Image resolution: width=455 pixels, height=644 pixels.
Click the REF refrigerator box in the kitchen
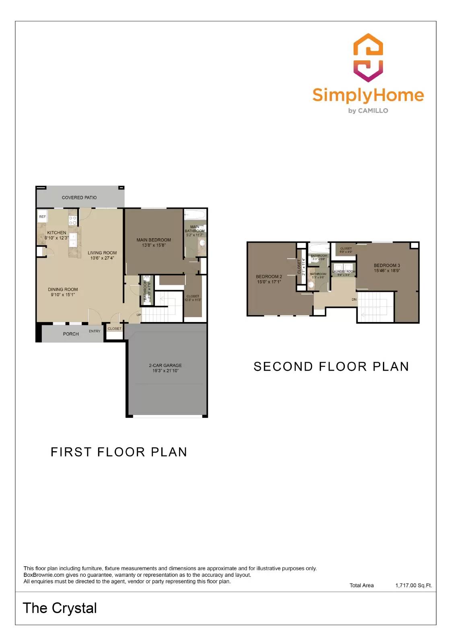tap(42, 217)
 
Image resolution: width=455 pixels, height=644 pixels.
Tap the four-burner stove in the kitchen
tap(73, 220)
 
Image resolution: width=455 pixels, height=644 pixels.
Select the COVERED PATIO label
tap(79, 198)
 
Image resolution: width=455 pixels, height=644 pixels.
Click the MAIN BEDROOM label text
tap(154, 240)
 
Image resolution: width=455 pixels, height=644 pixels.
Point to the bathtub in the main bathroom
tap(195, 215)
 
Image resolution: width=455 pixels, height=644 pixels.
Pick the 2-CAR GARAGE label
tap(165, 365)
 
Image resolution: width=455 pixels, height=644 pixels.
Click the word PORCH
tap(71, 334)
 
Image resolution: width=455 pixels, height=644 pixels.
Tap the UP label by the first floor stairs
tap(139, 315)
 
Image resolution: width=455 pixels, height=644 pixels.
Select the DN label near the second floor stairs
tap(354, 299)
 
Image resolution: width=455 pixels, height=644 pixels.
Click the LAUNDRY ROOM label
tap(344, 272)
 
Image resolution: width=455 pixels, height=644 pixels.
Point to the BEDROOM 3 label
tap(387, 266)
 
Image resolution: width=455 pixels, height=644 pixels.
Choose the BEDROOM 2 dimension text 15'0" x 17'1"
tap(269, 282)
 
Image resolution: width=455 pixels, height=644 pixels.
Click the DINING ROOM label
tap(63, 289)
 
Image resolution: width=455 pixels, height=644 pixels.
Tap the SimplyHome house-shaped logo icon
tap(368, 58)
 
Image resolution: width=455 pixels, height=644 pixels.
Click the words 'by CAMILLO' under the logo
tap(368, 111)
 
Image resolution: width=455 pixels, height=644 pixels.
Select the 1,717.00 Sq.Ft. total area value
tap(414, 586)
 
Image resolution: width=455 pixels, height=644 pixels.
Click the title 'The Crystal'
tap(60, 608)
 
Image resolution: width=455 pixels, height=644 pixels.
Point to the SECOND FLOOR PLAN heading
tap(331, 367)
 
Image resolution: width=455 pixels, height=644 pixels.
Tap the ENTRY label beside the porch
tap(95, 331)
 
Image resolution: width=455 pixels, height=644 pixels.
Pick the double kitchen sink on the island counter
tap(74, 240)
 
